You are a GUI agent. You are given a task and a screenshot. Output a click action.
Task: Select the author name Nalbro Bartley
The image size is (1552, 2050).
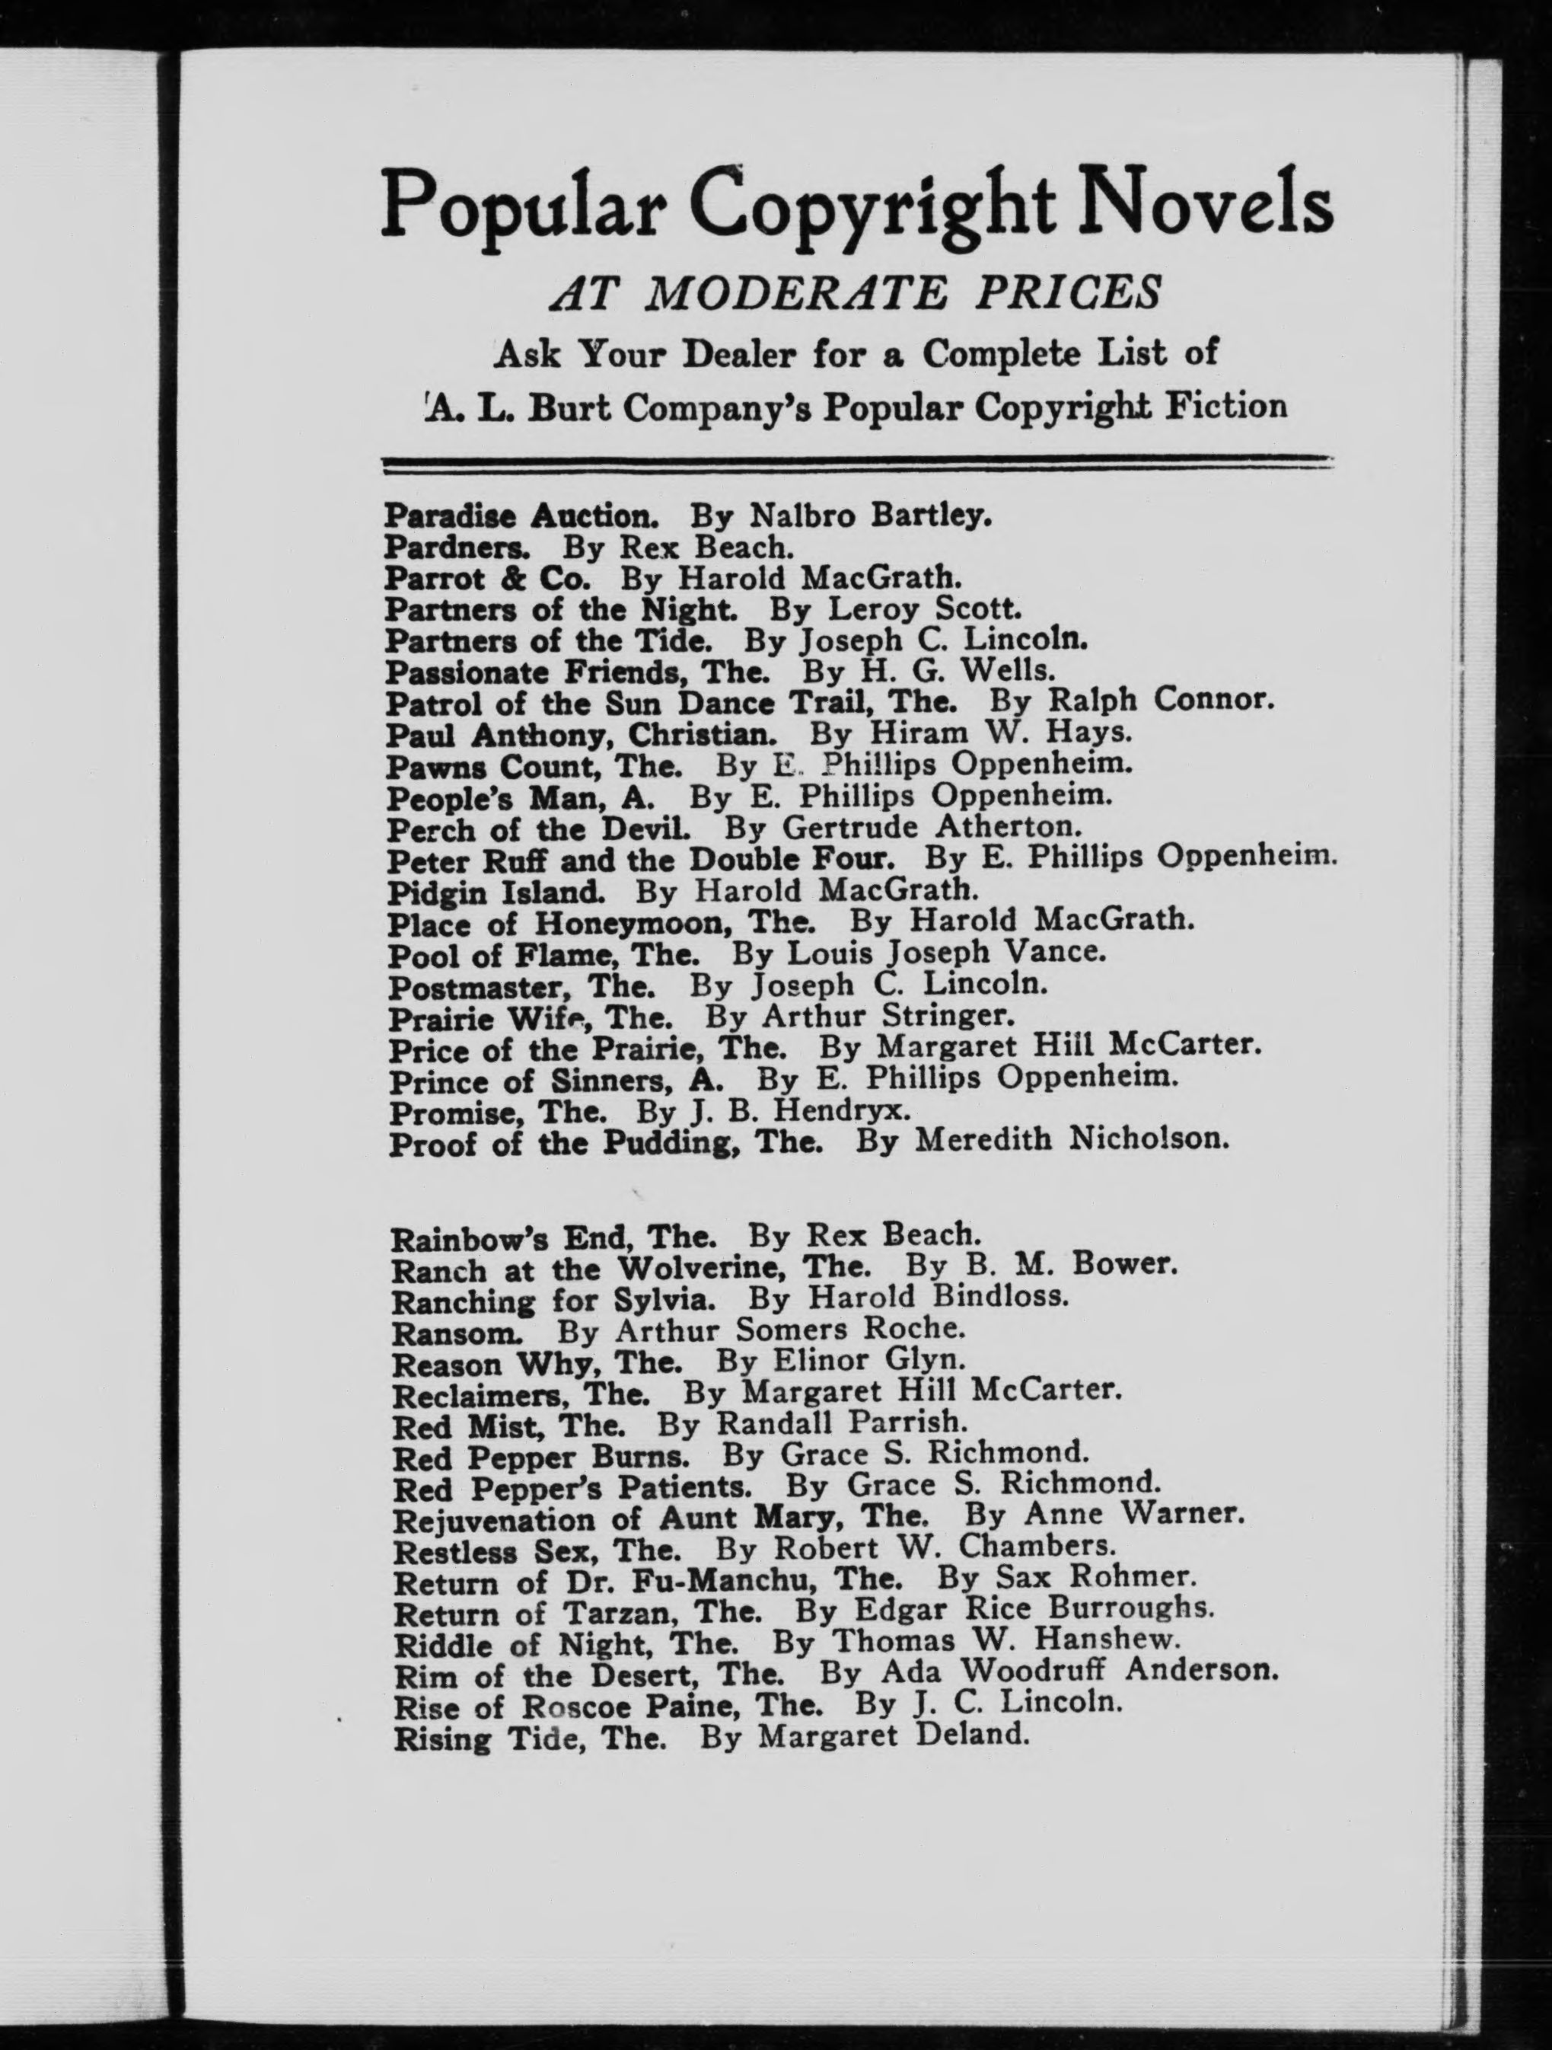coord(869,516)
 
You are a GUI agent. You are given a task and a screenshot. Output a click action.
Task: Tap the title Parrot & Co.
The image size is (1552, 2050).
coord(487,578)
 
